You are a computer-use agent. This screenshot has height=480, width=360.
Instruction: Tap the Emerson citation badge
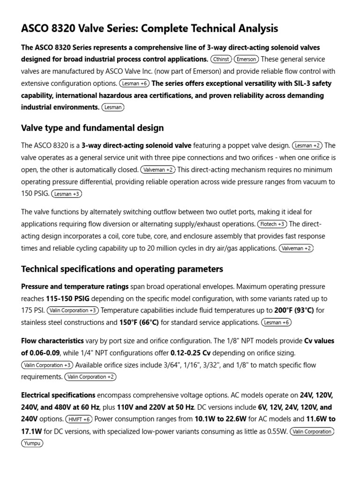click(x=247, y=60)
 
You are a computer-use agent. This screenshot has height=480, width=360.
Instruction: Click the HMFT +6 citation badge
click(x=80, y=419)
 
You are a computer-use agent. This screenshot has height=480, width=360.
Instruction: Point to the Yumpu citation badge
click(x=32, y=442)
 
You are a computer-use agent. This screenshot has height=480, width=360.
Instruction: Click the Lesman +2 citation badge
click(x=307, y=145)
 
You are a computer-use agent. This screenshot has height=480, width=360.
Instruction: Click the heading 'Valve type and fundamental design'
click(x=92, y=127)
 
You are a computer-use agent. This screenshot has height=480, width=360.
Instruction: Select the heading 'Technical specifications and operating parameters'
click(x=122, y=269)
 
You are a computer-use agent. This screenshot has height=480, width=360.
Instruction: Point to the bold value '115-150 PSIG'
click(x=68, y=298)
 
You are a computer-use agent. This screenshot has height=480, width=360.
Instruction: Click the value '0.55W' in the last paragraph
click(x=275, y=431)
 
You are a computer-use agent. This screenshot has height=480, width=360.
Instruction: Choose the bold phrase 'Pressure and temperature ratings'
click(x=75, y=286)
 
